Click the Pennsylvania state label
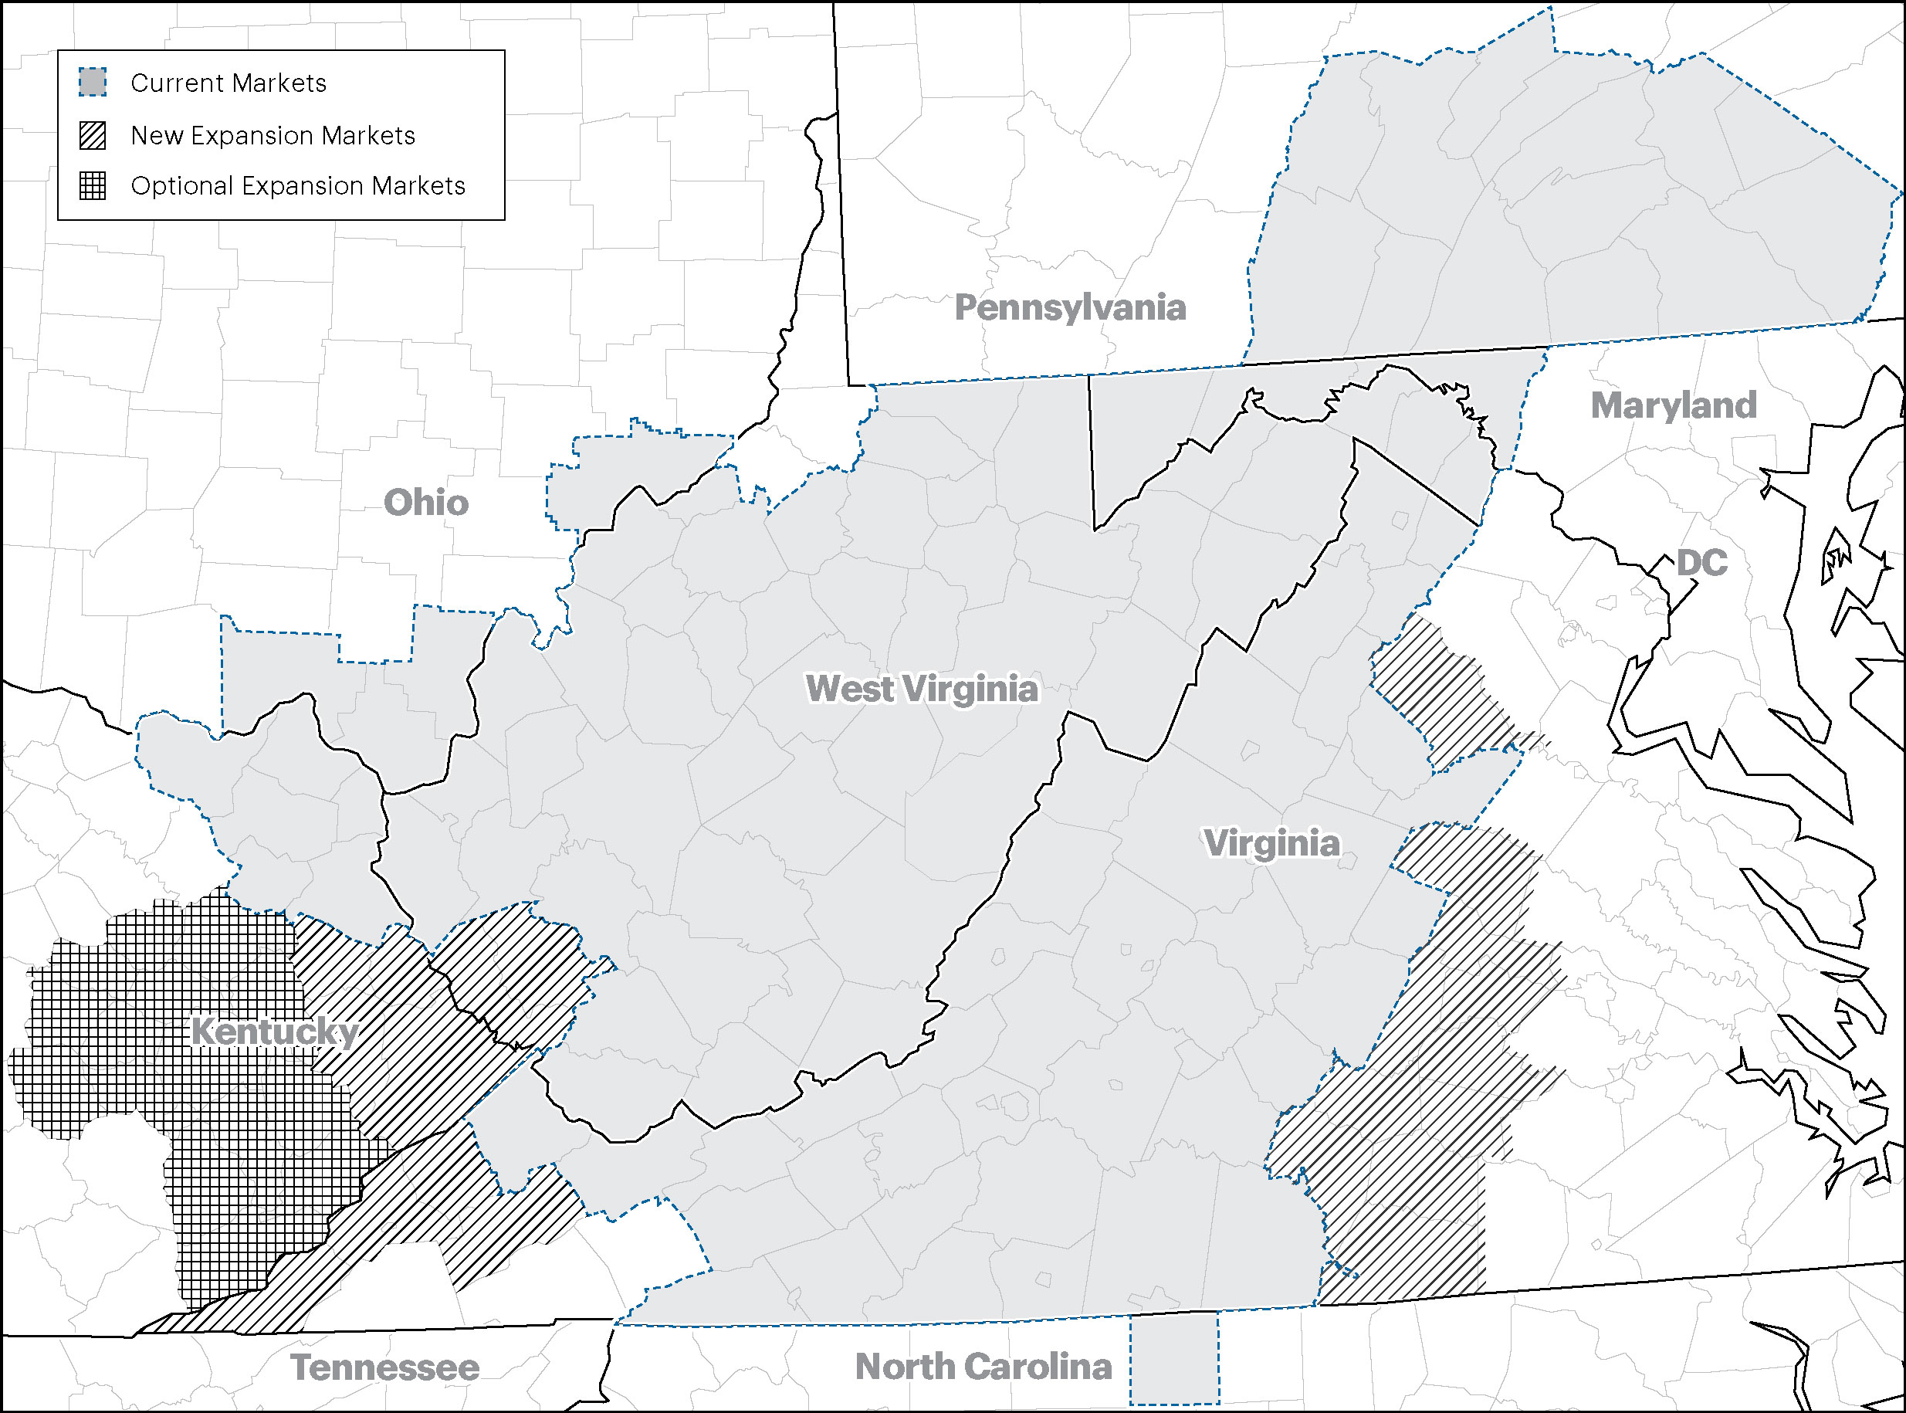pyautogui.click(x=1070, y=308)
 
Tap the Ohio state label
pyautogui.click(x=426, y=503)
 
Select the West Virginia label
pyautogui.click(x=922, y=690)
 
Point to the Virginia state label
pyautogui.click(x=1271, y=843)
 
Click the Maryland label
pyautogui.click(x=1674, y=405)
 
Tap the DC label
pyautogui.click(x=1701, y=563)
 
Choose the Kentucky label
pyautogui.click(x=273, y=1032)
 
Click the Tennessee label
pyautogui.click(x=384, y=1367)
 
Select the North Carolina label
pyautogui.click(x=983, y=1366)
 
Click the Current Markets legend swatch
pyautogui.click(x=93, y=83)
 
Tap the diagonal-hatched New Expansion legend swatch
pyautogui.click(x=93, y=135)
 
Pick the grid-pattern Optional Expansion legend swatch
pyautogui.click(x=93, y=185)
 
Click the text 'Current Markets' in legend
pyautogui.click(x=229, y=83)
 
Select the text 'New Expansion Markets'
pyautogui.click(x=273, y=135)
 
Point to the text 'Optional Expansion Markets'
pyautogui.click(x=297, y=185)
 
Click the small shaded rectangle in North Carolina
pyautogui.click(x=1174, y=1362)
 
